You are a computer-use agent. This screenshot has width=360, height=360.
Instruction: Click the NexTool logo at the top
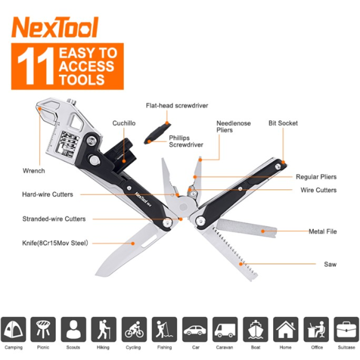[55, 28]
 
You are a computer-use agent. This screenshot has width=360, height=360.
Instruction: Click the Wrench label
[34, 171]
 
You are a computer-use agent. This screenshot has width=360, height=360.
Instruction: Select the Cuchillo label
[124, 123]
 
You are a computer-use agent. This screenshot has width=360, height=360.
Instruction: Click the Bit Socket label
[283, 123]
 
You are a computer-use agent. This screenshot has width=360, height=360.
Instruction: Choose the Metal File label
[322, 232]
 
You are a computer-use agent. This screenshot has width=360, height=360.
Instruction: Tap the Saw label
[330, 264]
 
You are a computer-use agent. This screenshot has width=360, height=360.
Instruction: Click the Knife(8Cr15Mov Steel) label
[54, 243]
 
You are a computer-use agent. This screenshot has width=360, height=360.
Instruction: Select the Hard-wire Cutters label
[47, 194]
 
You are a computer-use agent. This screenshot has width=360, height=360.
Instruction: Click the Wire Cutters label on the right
[318, 190]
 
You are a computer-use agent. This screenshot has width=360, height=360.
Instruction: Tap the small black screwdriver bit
[155, 134]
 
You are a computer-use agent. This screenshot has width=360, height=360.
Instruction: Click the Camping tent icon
[13, 329]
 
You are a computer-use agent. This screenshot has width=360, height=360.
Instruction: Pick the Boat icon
[256, 329]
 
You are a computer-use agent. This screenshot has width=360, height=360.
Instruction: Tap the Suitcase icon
[346, 329]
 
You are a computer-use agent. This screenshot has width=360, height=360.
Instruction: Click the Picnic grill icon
[43, 329]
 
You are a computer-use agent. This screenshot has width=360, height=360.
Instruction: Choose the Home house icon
[286, 329]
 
